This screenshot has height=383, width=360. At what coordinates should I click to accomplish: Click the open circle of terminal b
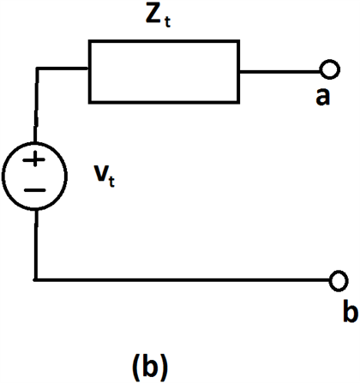[339, 279]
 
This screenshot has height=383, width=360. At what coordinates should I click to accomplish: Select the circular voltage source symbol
[35, 175]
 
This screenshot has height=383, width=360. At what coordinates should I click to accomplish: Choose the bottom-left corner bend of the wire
[35, 279]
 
